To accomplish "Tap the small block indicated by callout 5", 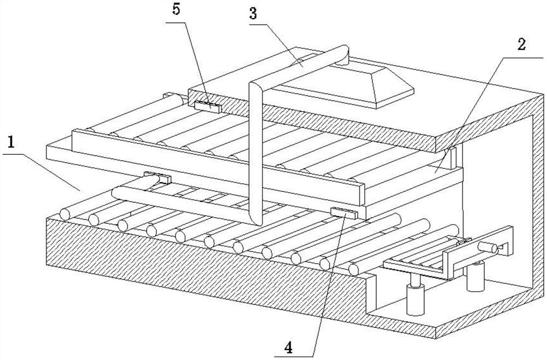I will (207, 106).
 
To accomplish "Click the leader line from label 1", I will (49, 170).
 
